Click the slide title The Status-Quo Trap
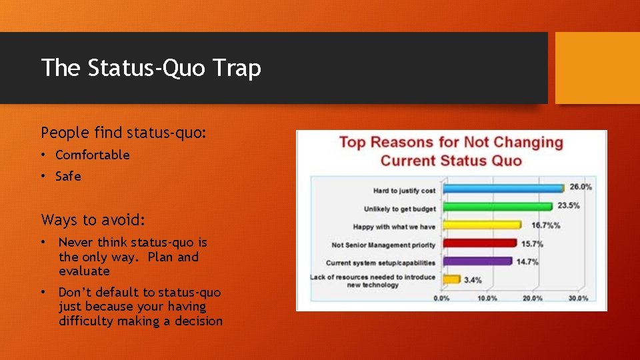pyautogui.click(x=151, y=68)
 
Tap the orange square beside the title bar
pyautogui.click(x=597, y=68)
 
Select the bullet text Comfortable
pyautogui.click(x=93, y=155)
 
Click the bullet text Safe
pyautogui.click(x=68, y=176)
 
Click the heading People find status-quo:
pyautogui.click(x=124, y=133)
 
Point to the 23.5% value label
pyautogui.click(x=568, y=205)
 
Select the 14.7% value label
pyautogui.click(x=527, y=261)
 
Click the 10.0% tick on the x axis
pyautogui.click(x=487, y=299)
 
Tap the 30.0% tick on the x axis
pyautogui.click(x=577, y=299)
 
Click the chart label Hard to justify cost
pyautogui.click(x=405, y=191)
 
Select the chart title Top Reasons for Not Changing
pyautogui.click(x=451, y=142)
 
